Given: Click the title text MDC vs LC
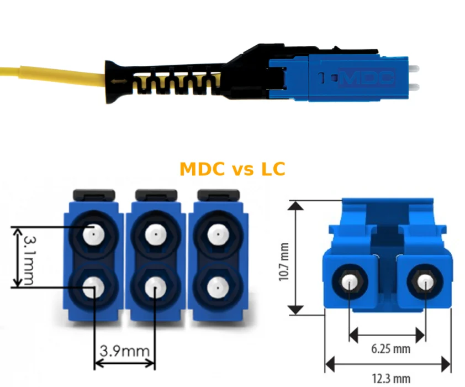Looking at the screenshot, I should pyautogui.click(x=232, y=169).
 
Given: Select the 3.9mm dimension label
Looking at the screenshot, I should pyautogui.click(x=124, y=351).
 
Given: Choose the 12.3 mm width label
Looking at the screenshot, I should pyautogui.click(x=391, y=379).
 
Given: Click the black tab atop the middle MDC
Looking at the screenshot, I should pyautogui.click(x=156, y=195).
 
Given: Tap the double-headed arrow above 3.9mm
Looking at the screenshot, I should pyautogui.click(x=125, y=363).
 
